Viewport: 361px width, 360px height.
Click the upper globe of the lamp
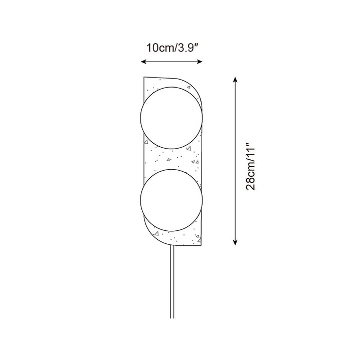click(171, 118)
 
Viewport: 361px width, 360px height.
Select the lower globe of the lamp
click(171, 200)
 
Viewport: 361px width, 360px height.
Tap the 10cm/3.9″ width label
click(172, 48)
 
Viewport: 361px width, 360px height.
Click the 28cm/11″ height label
click(251, 167)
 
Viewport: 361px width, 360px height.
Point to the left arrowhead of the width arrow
click(144, 62)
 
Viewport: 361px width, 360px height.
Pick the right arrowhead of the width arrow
click(200, 62)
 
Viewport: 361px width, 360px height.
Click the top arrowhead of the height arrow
click(235, 80)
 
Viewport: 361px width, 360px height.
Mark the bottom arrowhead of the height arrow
click(235, 242)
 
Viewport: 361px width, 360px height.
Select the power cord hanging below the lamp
click(172, 282)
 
